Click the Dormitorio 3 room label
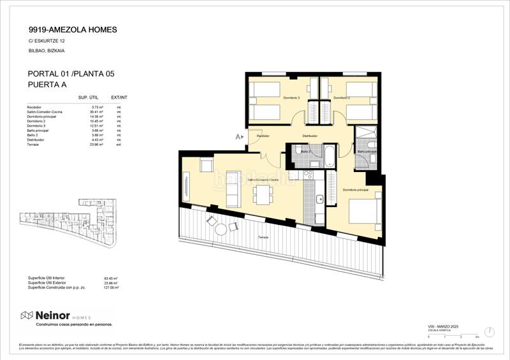click(291, 97)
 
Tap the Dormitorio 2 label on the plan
click(342, 97)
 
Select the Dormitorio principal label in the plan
click(355, 190)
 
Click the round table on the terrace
click(221, 229)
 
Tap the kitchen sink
click(321, 199)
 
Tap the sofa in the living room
click(233, 189)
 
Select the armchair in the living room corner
click(207, 165)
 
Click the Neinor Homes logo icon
click(27, 315)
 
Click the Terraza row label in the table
click(33, 145)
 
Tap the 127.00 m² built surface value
click(112, 287)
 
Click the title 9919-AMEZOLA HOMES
click(72, 29)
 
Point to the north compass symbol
click(489, 332)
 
